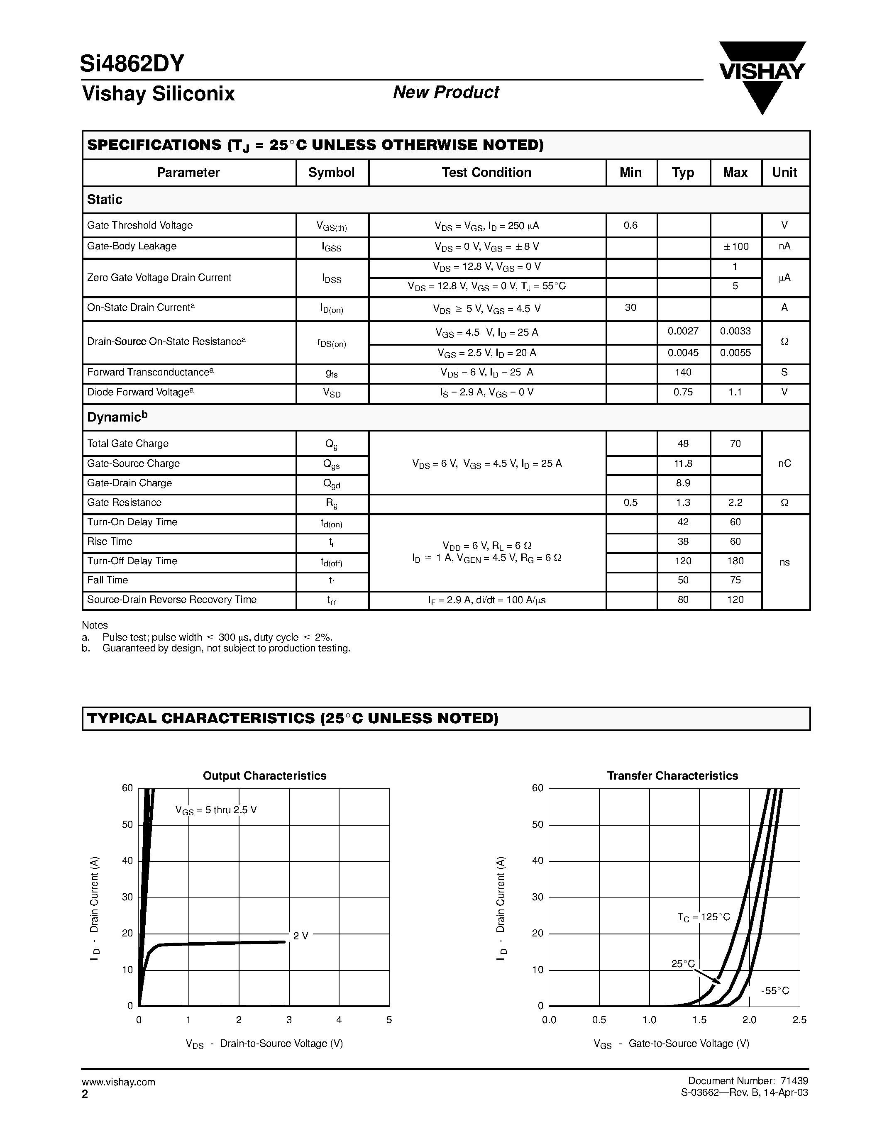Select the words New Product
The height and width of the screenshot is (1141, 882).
tap(446, 93)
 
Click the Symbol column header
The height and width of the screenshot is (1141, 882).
tap(331, 173)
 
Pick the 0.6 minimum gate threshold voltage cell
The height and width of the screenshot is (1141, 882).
tap(630, 225)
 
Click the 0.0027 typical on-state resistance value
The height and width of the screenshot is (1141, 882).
tap(683, 331)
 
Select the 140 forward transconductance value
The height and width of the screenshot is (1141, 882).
tap(683, 373)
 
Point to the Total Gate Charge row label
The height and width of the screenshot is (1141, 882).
tap(128, 444)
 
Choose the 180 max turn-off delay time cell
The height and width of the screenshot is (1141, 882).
tap(735, 561)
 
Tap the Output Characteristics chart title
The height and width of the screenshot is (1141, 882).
tap(264, 776)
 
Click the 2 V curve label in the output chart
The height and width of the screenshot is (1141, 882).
tap(301, 936)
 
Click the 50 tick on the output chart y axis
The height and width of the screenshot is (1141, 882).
tap(127, 825)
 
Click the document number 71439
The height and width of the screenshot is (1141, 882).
tap(795, 1081)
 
